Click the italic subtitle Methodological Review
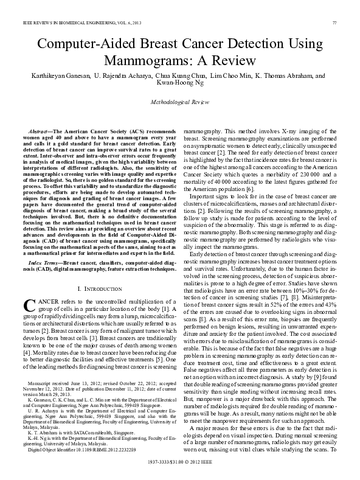click(179, 103)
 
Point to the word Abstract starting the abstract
click(40, 132)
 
